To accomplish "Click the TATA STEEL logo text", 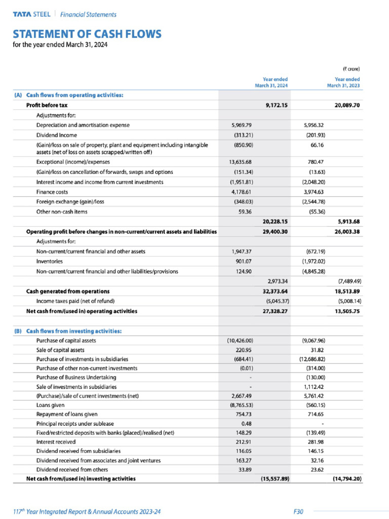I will point(31,14).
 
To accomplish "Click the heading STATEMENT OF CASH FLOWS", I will point(87,34).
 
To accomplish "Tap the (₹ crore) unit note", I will point(351,67).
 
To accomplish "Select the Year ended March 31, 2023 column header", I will point(347,82).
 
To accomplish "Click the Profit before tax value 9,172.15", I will point(277,105).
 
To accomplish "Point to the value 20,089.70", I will point(347,105).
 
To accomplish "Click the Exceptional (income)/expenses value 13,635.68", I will point(241,162).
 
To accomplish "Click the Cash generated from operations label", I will point(68,291).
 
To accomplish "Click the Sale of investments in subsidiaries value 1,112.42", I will point(313,386).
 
